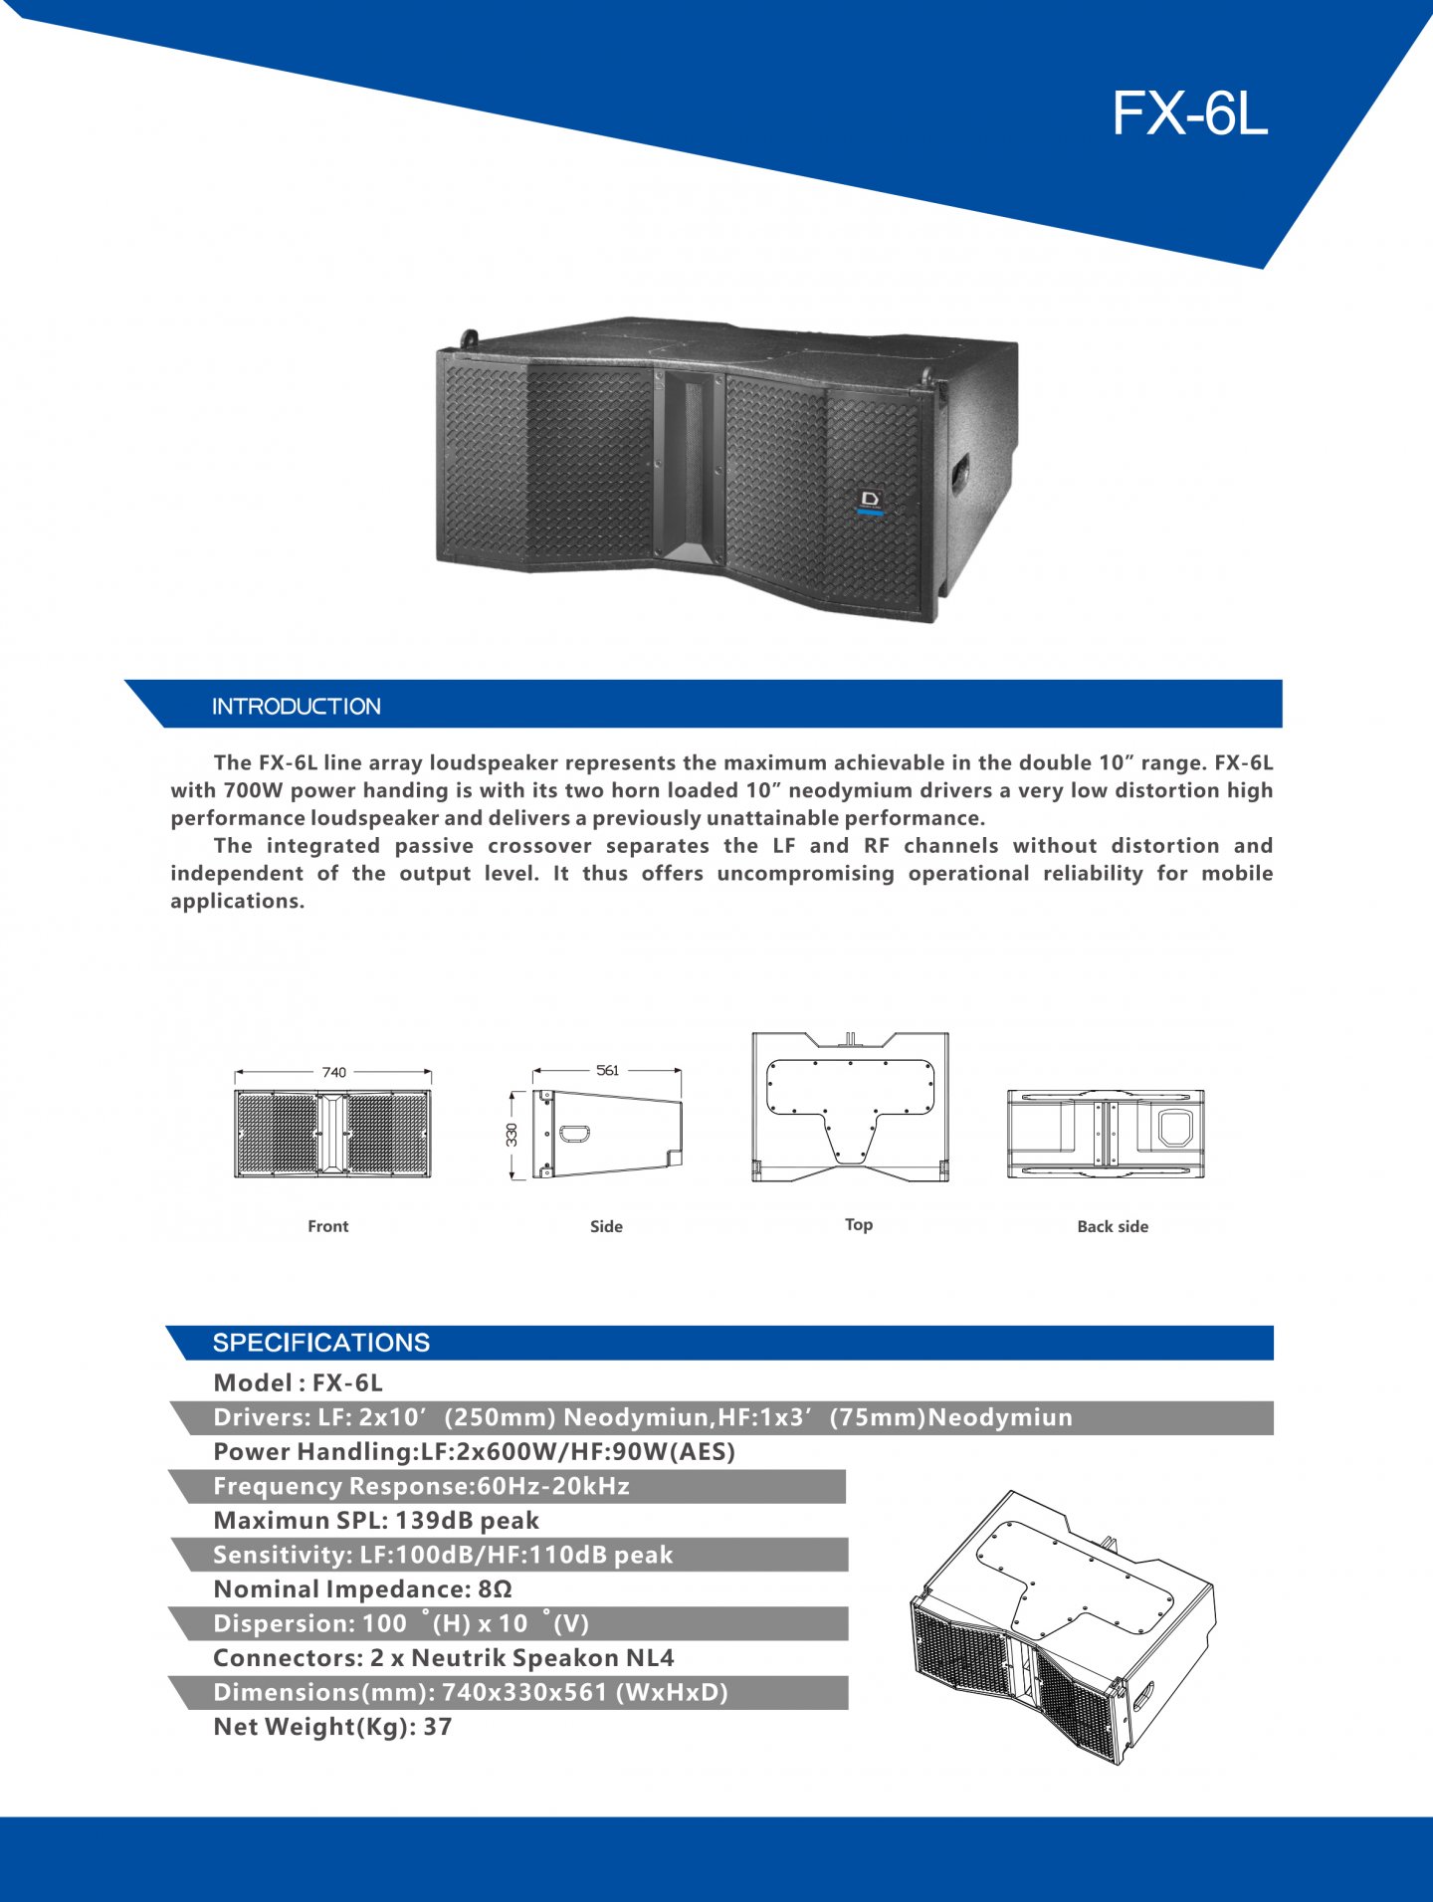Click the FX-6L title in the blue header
1190,112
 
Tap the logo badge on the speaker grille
871,502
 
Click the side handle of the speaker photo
959,473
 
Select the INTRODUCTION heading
297,707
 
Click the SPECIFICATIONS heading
321,1343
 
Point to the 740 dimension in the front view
334,1072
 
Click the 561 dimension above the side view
607,1070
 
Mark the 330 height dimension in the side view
512,1135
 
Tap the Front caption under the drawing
328,1226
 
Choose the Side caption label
606,1226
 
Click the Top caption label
859,1224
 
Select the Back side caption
1113,1226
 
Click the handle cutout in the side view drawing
575,1133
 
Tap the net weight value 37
438,1727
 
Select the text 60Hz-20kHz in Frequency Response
553,1486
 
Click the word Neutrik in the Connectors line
457,1658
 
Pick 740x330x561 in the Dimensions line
524,1692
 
